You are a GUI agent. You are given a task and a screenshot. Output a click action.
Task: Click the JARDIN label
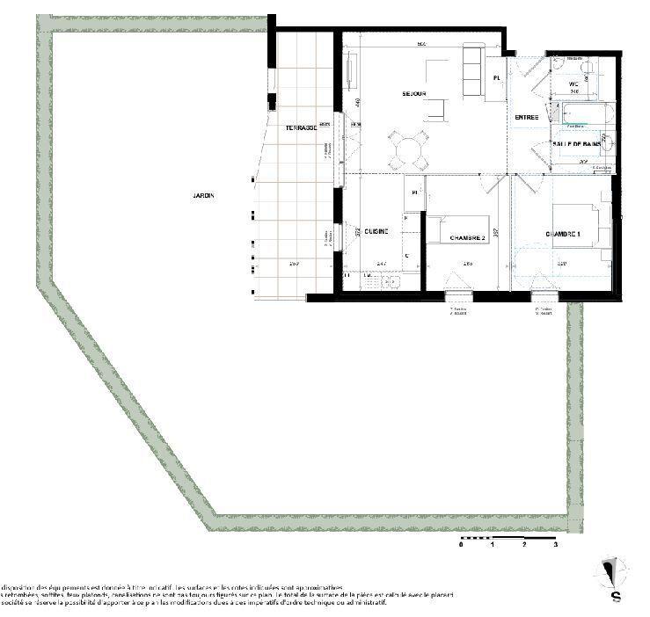(x=204, y=196)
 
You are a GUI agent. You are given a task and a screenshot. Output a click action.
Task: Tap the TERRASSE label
(x=301, y=128)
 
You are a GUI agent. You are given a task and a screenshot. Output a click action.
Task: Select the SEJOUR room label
(x=414, y=94)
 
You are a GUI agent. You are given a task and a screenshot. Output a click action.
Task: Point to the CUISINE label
(x=378, y=232)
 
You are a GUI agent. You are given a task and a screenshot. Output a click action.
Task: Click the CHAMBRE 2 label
(x=467, y=238)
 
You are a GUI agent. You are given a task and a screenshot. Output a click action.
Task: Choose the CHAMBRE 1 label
(x=563, y=234)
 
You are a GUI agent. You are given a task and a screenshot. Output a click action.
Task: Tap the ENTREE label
(x=527, y=118)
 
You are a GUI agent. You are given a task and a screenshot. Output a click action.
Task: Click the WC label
(x=573, y=83)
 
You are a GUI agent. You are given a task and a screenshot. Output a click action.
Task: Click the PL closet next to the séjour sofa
(x=497, y=78)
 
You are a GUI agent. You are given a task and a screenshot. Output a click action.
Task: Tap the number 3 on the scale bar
(x=555, y=545)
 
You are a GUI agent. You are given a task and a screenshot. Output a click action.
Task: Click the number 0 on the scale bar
(x=461, y=545)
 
